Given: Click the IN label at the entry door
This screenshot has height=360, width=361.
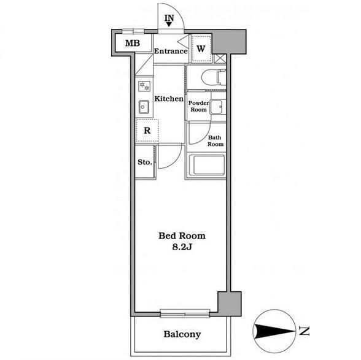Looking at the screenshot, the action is (x=169, y=18).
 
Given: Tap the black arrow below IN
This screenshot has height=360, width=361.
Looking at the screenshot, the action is (x=169, y=25).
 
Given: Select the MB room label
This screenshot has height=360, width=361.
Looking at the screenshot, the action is (x=133, y=43).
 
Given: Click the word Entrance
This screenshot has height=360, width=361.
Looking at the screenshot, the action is (x=171, y=51).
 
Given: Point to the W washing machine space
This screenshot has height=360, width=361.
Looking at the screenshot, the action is (x=201, y=48).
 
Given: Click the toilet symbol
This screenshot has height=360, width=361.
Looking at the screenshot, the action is (x=214, y=77).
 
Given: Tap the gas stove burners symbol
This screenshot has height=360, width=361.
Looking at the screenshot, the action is (x=144, y=86).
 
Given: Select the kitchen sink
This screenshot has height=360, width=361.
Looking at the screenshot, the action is (x=144, y=107).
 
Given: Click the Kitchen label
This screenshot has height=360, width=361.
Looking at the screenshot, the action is (x=169, y=99).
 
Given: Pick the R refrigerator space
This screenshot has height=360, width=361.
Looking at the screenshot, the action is (x=147, y=131).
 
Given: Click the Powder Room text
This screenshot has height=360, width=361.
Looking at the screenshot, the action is (x=198, y=106).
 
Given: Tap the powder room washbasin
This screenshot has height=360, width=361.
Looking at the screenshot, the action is (x=217, y=107).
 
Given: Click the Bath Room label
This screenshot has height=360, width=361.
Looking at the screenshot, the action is (x=215, y=141).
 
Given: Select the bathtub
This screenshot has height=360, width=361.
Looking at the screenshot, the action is (x=206, y=165).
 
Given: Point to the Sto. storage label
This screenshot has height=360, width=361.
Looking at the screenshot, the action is (x=145, y=162).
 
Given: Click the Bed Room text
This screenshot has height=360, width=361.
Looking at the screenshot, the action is (x=182, y=236).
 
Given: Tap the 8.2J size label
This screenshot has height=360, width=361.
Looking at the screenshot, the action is (x=182, y=247).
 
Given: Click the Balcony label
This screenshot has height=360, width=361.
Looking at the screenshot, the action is (x=182, y=334).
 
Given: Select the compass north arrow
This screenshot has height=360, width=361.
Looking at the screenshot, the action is (x=274, y=331).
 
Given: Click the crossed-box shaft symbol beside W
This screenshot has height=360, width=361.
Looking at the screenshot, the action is (x=220, y=58).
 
